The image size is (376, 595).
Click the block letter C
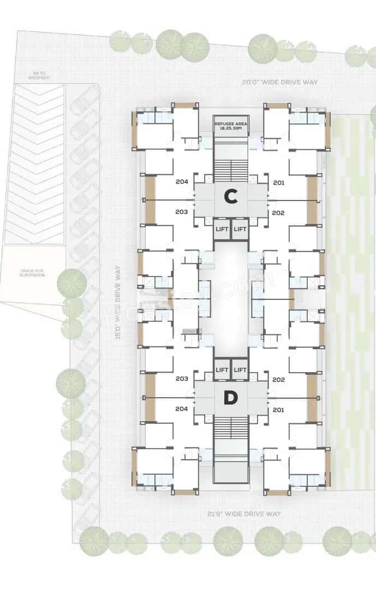point(231,196)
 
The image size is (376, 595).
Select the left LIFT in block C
point(222,229)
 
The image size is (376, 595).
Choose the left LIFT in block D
point(222,370)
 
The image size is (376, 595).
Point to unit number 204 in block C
point(182,182)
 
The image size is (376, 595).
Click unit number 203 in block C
point(182,211)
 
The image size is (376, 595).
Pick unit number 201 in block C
point(278,182)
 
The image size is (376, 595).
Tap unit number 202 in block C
point(278,212)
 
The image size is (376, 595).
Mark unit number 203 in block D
point(182,379)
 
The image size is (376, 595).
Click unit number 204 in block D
point(182,408)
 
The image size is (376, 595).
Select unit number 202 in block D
point(278,379)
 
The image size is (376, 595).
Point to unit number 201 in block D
point(278,409)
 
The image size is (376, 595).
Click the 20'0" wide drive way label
point(280,82)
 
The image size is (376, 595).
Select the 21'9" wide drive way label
point(244,514)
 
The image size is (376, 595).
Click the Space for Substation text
point(33,273)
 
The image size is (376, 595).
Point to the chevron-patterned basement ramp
point(34,164)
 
